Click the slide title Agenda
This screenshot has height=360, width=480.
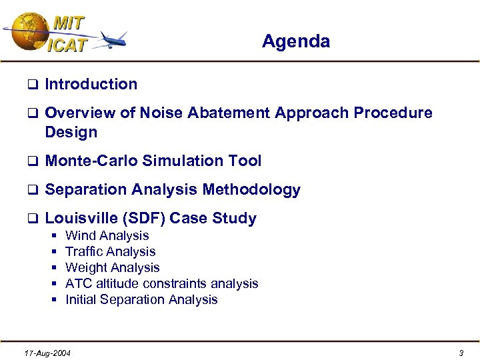coord(295,41)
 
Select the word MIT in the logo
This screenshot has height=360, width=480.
coord(69,23)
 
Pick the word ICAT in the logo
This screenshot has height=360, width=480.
coord(67,45)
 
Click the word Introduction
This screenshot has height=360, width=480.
coord(91,85)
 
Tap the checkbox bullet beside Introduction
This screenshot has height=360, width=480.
coord(31,85)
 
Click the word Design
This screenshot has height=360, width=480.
coord(71,132)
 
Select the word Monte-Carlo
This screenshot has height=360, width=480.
coord(91,161)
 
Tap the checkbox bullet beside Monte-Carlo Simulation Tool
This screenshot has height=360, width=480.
coord(31,161)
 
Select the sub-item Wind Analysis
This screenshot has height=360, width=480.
coord(107,235)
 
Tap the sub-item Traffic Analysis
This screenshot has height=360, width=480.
coord(110,251)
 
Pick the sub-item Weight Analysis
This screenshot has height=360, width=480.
coord(112,267)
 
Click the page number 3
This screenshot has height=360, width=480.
coord(461,353)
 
